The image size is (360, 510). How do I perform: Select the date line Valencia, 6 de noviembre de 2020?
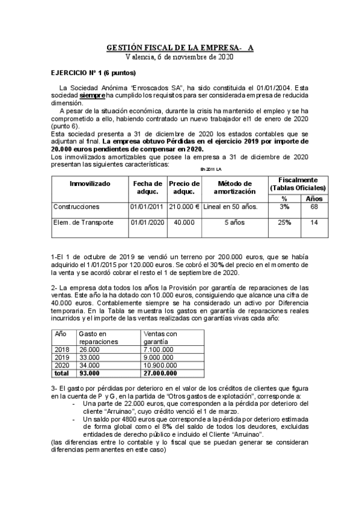(180, 57)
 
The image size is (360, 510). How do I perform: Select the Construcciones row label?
(76, 206)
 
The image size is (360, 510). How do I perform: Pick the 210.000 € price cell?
(184, 206)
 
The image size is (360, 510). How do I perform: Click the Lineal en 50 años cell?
(231, 206)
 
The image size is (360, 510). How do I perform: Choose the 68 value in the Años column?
(314, 206)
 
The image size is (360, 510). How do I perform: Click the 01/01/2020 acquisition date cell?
(147, 222)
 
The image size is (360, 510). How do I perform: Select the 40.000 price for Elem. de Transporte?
(184, 222)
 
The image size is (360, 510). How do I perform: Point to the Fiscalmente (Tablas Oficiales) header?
(298, 183)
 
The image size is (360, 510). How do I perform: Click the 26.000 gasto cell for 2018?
(90, 349)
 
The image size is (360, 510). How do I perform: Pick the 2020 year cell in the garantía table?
(62, 364)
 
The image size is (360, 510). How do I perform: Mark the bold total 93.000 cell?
(90, 372)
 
